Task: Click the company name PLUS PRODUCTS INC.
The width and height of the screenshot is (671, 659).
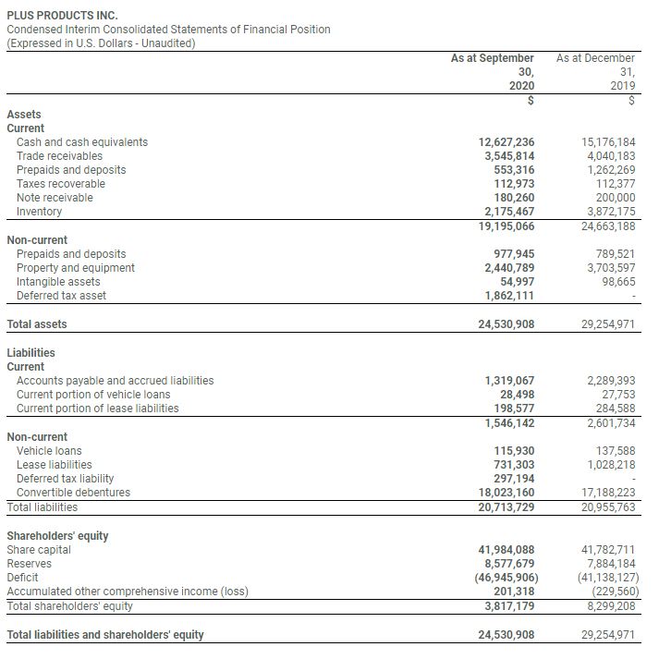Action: [62, 15]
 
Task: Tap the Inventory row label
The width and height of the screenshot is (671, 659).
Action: [40, 212]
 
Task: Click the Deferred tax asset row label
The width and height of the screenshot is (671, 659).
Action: [61, 296]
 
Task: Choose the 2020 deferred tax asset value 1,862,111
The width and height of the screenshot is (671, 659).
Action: [510, 296]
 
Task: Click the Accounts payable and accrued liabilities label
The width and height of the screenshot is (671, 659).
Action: [115, 381]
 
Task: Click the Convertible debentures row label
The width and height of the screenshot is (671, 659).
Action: [73, 493]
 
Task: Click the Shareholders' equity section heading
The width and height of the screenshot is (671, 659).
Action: [57, 536]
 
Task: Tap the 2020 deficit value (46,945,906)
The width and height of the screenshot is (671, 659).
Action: [504, 578]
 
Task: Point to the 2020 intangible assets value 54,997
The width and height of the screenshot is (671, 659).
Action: [516, 282]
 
